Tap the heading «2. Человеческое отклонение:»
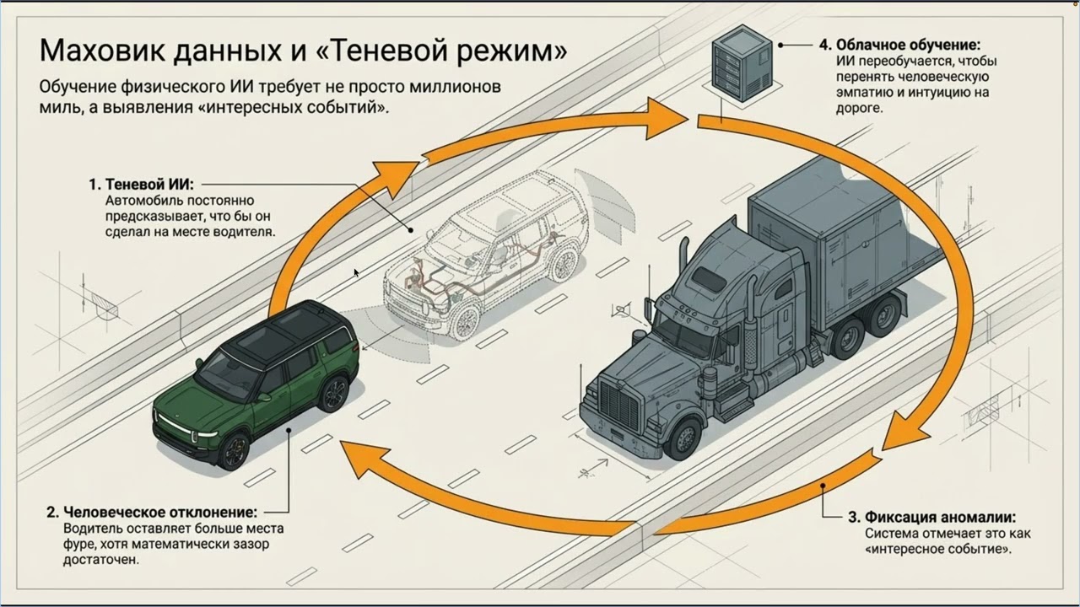(151, 512)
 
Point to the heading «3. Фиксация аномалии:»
(931, 517)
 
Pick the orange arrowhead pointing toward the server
(667, 118)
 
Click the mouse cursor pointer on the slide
(356, 272)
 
